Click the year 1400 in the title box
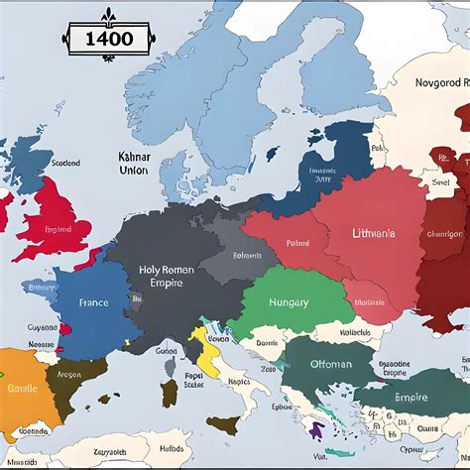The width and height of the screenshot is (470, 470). pyautogui.click(x=104, y=44)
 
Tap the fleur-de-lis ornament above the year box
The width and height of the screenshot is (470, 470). pyautogui.click(x=104, y=17)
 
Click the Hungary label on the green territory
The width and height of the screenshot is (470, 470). pyautogui.click(x=289, y=302)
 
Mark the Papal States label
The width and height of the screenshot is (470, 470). pyautogui.click(x=194, y=381)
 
